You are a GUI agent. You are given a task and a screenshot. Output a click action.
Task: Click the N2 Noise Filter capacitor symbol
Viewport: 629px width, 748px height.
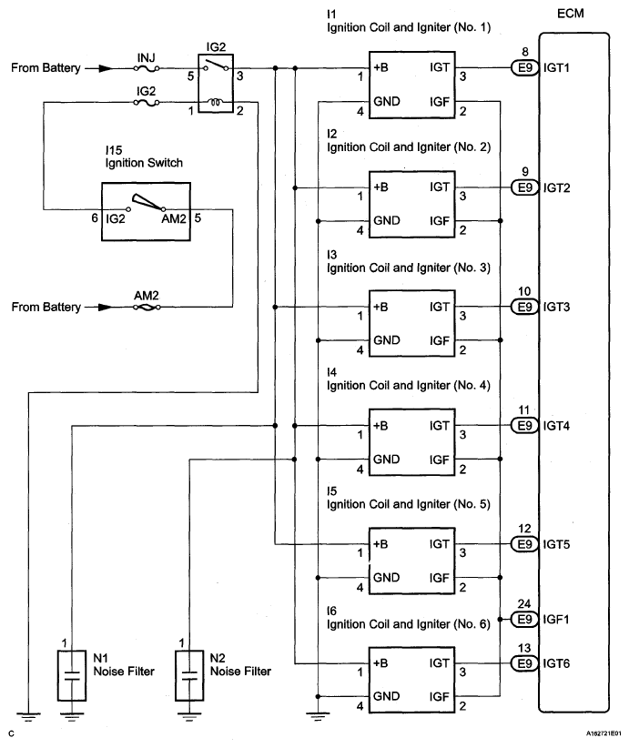click(x=188, y=675)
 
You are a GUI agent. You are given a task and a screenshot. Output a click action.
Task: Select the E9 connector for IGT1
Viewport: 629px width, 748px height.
click(x=523, y=68)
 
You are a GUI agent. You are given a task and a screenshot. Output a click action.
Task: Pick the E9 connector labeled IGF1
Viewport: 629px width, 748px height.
click(x=523, y=619)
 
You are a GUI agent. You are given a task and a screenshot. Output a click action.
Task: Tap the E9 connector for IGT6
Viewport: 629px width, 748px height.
click(x=523, y=664)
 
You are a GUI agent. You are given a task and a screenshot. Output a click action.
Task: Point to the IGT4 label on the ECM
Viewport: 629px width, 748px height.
click(x=555, y=426)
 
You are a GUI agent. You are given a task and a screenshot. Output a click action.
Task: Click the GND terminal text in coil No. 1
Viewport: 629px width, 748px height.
click(x=387, y=101)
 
